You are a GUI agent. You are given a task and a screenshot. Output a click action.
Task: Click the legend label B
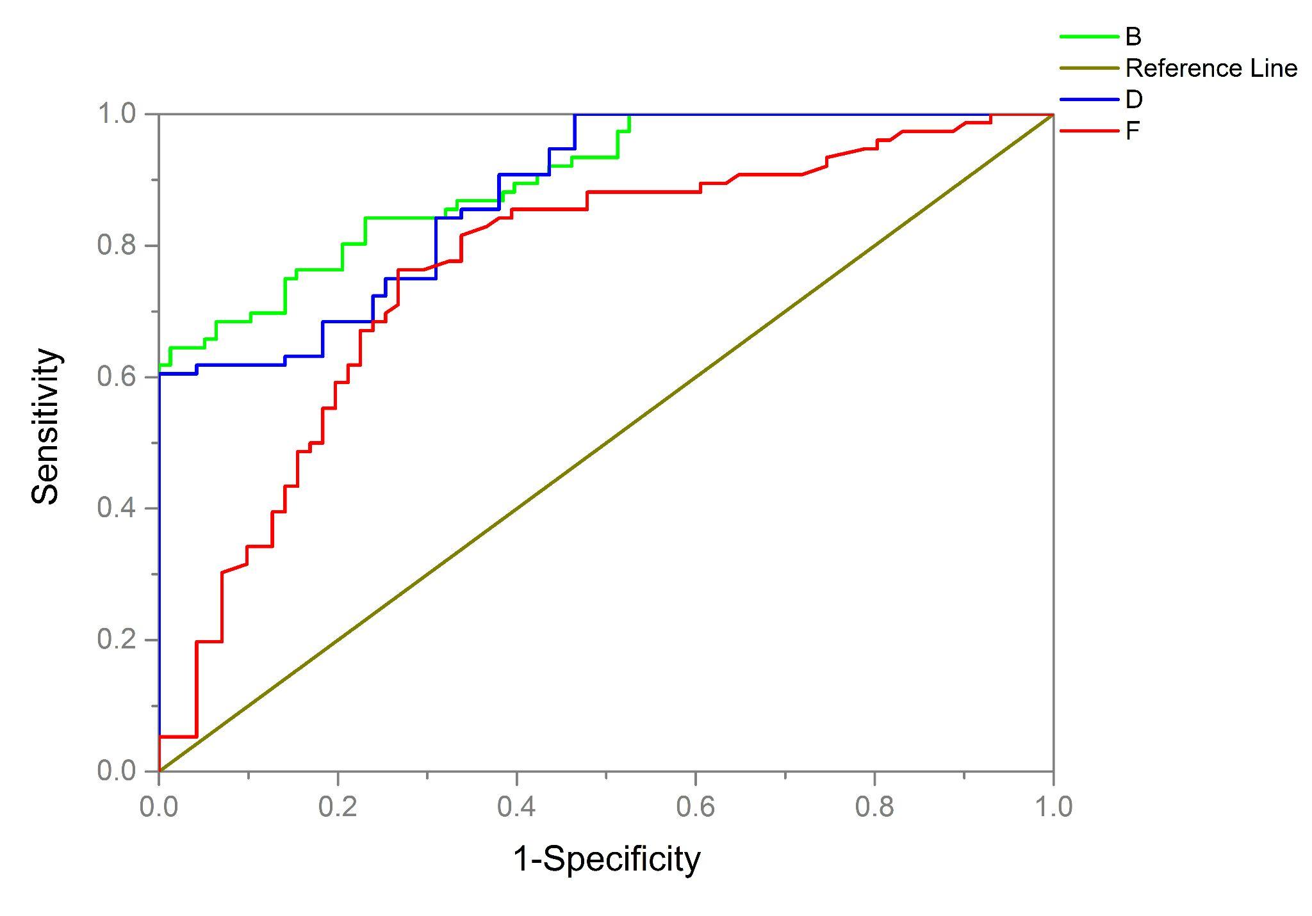coord(1133,37)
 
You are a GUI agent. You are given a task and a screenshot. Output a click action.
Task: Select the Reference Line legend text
coord(1211,68)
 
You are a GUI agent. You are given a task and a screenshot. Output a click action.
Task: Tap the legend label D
coord(1133,100)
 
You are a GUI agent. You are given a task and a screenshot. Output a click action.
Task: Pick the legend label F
coord(1132,132)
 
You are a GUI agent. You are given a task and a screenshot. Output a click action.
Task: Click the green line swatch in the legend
coord(1089,37)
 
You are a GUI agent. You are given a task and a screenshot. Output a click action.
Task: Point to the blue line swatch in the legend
coord(1089,100)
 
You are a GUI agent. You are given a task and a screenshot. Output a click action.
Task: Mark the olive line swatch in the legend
coord(1089,68)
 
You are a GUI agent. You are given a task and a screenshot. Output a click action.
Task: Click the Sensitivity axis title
coord(46,427)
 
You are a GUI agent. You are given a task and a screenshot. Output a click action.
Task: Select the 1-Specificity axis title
coord(606,860)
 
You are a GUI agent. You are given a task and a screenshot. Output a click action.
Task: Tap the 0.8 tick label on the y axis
coord(117,246)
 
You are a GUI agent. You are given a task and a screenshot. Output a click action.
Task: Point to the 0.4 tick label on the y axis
coord(117,508)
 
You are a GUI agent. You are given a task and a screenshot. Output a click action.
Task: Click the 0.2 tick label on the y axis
coord(117,640)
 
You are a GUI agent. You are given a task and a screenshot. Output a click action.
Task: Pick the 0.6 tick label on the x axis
coord(696,807)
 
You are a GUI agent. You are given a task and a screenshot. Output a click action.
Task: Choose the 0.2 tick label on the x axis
coord(338,807)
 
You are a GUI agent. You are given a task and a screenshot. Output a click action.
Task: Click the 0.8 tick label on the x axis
coord(874,807)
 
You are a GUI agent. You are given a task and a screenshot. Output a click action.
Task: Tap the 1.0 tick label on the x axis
coord(1053,807)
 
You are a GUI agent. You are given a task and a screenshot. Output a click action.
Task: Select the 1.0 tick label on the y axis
coord(117,115)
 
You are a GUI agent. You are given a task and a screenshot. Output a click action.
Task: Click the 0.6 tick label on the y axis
coord(117,377)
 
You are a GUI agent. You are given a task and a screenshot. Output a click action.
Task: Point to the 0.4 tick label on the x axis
coord(516,807)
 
